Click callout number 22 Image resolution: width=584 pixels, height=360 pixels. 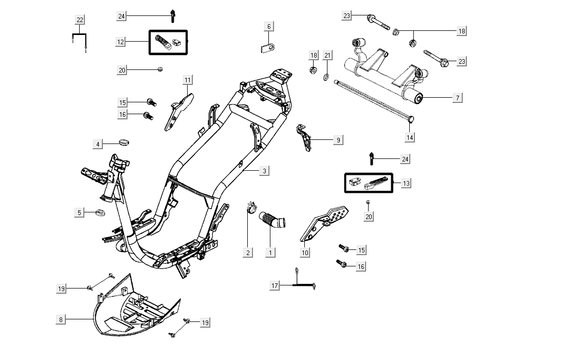[80, 20]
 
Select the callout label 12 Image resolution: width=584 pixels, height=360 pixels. [121, 42]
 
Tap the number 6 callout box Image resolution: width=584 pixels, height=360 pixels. [269, 26]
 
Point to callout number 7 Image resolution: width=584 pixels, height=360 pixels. [458, 97]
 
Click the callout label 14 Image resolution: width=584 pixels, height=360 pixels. [410, 137]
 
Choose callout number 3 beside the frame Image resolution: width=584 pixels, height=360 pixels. [264, 171]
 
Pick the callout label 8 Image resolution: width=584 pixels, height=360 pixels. [61, 320]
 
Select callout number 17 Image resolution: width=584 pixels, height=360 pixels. [275, 285]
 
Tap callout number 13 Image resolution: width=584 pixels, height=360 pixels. [407, 183]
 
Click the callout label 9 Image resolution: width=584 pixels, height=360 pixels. [338, 140]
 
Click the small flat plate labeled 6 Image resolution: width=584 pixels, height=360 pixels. [267, 48]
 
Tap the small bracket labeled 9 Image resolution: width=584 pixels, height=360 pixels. [304, 137]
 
